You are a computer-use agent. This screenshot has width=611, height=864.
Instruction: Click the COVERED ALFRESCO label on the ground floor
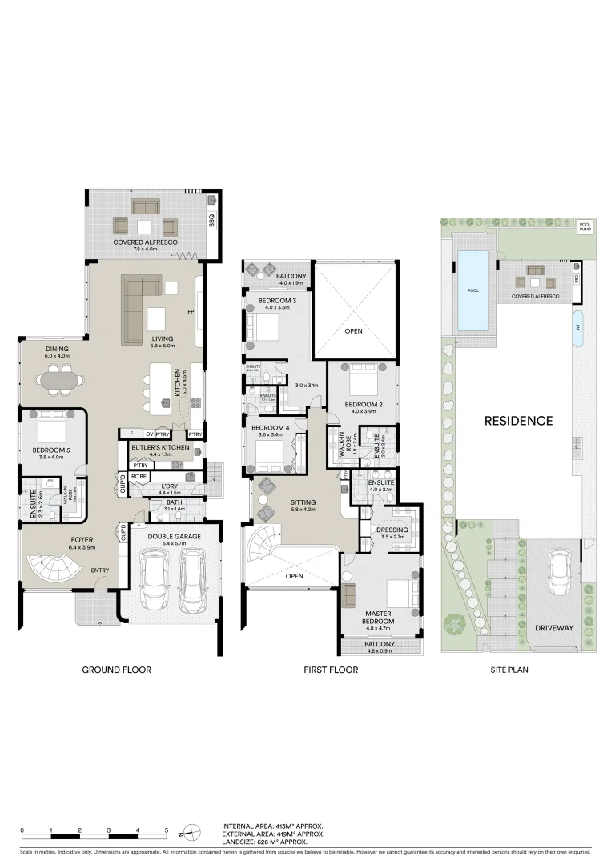(145, 242)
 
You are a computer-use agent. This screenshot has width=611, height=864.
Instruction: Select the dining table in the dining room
(59, 380)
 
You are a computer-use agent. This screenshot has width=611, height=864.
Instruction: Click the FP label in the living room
(191, 311)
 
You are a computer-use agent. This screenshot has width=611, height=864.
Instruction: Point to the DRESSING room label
(392, 530)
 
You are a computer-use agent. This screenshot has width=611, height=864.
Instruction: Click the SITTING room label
(303, 504)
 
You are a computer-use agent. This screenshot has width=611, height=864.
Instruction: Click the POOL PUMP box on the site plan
(585, 227)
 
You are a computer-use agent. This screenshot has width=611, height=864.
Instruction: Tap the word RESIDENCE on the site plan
(517, 420)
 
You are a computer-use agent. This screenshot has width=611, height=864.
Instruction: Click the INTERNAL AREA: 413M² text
(272, 825)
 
